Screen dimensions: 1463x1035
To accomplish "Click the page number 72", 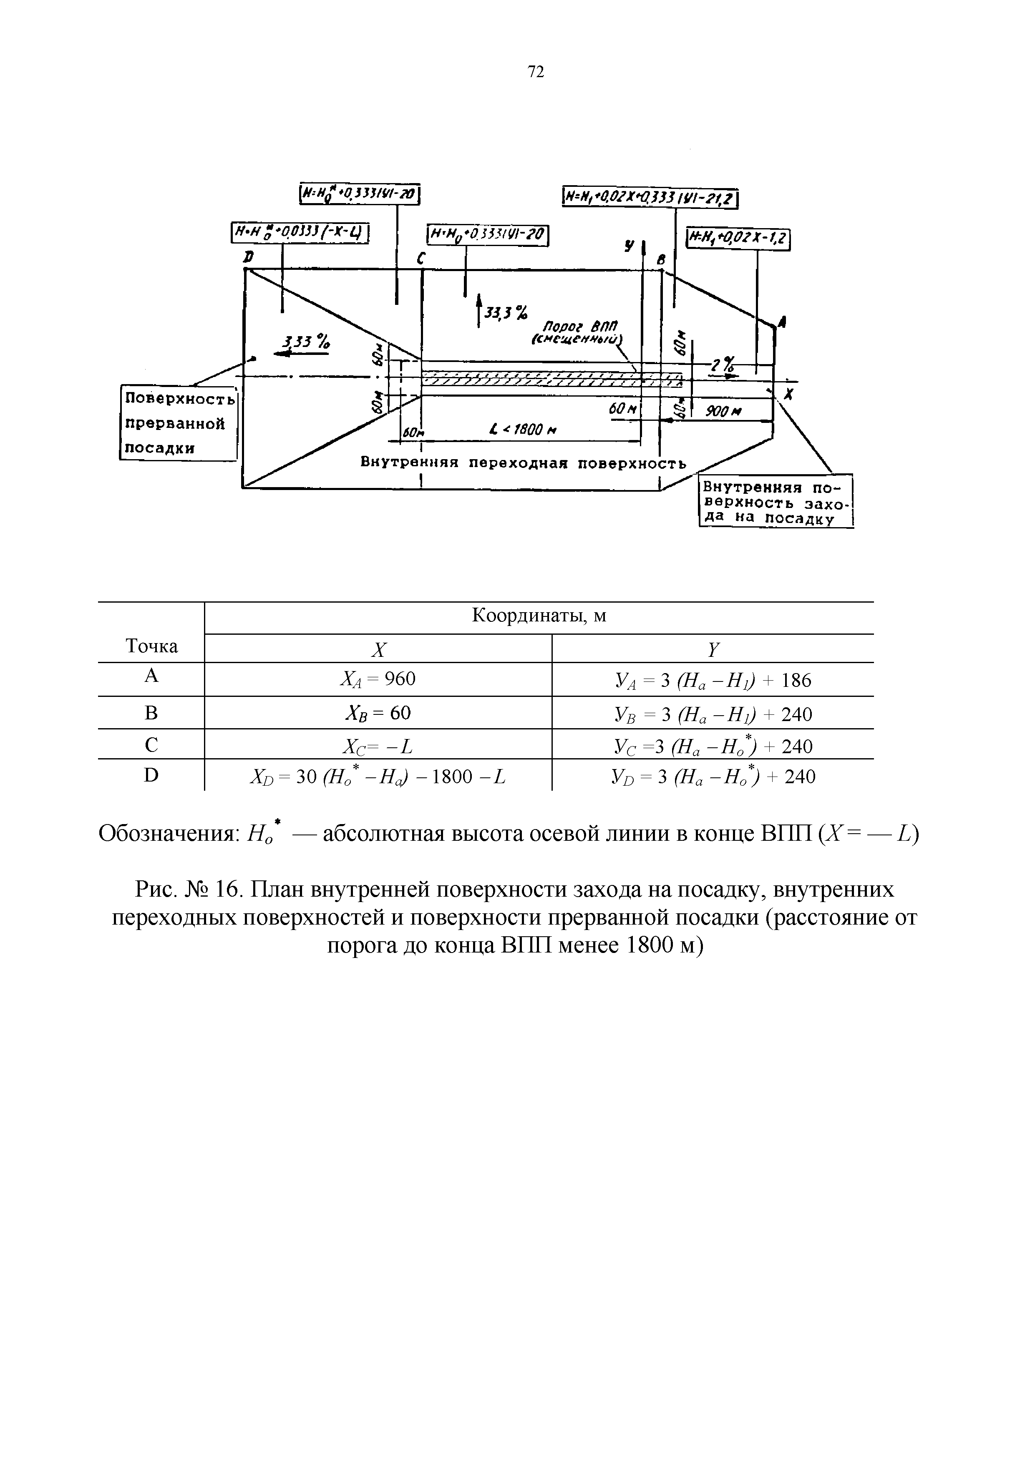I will click(x=536, y=72).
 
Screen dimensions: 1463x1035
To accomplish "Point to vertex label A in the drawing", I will click(x=782, y=324).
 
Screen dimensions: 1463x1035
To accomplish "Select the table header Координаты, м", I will click(x=539, y=616).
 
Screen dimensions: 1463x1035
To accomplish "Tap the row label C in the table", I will click(x=151, y=744).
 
